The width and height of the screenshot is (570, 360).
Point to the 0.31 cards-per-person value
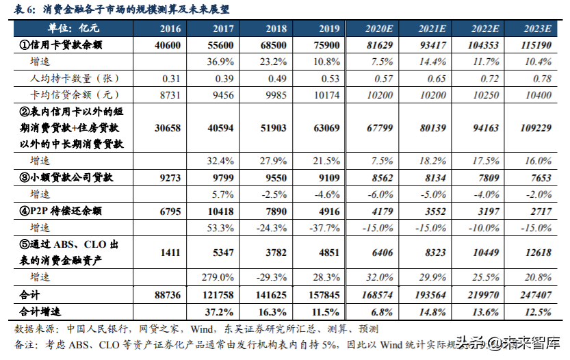170,78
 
